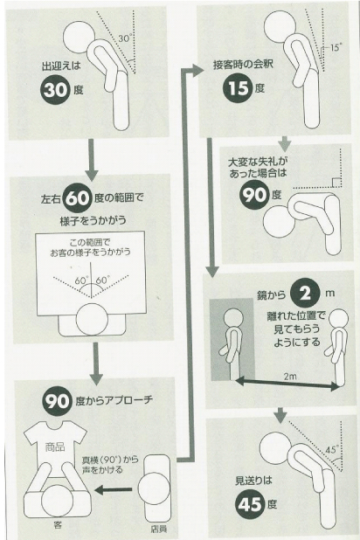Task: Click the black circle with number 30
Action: (x=55, y=90)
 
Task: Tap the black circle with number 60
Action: (x=78, y=197)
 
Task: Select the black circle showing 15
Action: (x=239, y=88)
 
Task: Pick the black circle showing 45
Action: (x=250, y=504)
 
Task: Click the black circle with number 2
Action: (x=304, y=294)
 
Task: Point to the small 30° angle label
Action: (x=125, y=38)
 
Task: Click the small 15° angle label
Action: (x=336, y=47)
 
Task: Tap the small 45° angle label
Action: (x=332, y=449)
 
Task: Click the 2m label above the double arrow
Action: (x=290, y=376)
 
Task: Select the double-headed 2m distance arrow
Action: (x=287, y=384)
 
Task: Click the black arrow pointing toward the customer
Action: (x=113, y=489)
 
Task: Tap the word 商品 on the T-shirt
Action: (x=55, y=447)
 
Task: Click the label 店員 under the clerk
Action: (x=159, y=529)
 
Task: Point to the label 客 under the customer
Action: (x=58, y=525)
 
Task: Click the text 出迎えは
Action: (x=60, y=66)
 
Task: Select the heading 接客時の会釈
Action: (x=243, y=65)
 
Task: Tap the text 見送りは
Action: (x=253, y=481)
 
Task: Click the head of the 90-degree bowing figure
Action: (x=279, y=222)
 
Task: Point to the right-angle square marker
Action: (x=336, y=183)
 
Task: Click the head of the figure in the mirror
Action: (x=233, y=318)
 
